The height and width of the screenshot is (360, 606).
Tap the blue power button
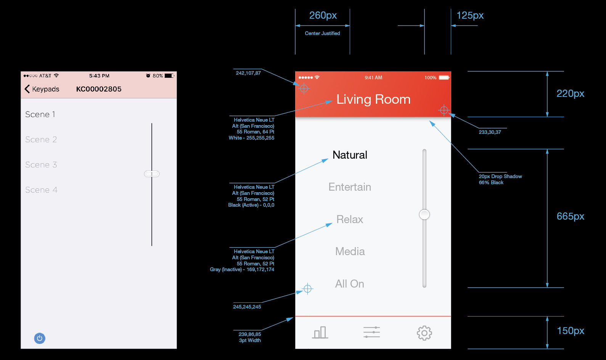pos(40,338)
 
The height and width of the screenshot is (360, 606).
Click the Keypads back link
pos(42,89)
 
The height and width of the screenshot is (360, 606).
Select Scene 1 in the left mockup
pos(40,114)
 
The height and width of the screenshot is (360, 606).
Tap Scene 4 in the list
pos(41,190)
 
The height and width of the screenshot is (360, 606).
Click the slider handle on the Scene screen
pos(152,174)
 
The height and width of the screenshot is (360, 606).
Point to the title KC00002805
pos(99,89)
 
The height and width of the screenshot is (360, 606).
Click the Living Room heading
pos(373,99)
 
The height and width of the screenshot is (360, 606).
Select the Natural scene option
pos(350,155)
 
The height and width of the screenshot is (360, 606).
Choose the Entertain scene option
pos(350,187)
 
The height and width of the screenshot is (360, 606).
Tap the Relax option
pos(350,219)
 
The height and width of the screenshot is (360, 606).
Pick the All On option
pos(350,284)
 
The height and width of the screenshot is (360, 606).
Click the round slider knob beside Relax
pos(424,214)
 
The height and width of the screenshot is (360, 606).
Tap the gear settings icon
pos(424,333)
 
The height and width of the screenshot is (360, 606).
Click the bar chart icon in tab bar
pos(320,333)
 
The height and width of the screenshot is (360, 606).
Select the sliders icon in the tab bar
pos(372,332)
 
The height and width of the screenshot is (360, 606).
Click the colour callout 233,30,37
pos(490,132)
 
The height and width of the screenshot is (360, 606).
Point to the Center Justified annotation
pos(322,33)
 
